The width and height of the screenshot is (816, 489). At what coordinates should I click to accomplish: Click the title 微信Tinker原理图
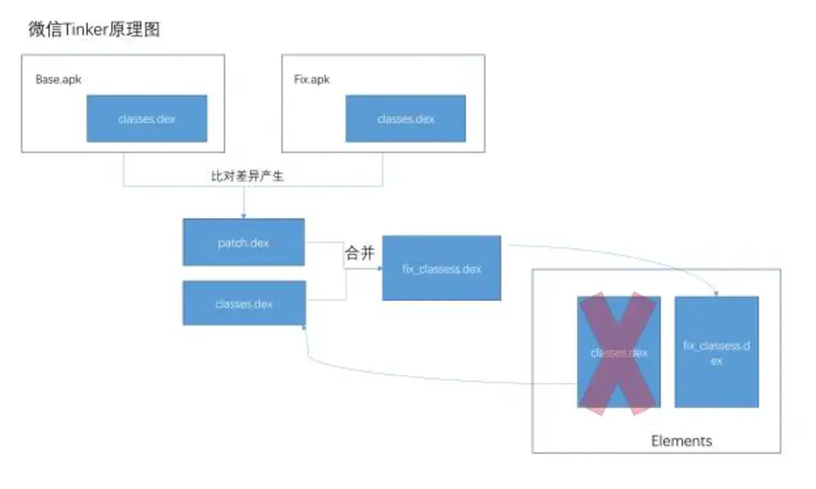[x=94, y=30]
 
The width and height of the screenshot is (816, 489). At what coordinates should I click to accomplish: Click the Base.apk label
[x=58, y=79]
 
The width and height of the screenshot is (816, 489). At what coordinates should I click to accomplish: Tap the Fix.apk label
[x=311, y=79]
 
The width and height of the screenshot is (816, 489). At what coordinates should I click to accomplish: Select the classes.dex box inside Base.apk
[x=147, y=119]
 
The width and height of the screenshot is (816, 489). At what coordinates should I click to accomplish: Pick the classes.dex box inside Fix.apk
[x=406, y=119]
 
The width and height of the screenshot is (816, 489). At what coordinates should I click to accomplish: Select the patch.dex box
[x=244, y=242]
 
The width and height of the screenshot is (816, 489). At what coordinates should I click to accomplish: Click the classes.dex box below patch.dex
[x=244, y=303]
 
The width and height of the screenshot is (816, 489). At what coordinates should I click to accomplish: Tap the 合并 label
[x=360, y=254]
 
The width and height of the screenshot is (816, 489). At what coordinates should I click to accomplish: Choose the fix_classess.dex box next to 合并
[x=441, y=268]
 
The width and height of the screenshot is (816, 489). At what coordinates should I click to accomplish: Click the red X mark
[x=618, y=353]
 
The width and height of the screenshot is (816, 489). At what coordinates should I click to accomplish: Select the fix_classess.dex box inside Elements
[x=716, y=352]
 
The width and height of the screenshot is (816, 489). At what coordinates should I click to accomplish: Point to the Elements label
[x=681, y=441]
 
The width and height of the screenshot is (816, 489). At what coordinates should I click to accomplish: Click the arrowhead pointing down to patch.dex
[x=244, y=216]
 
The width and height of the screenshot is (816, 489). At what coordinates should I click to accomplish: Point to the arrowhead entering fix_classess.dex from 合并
[x=379, y=268]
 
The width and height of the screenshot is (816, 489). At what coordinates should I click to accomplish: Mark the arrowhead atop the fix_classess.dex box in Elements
[x=716, y=293]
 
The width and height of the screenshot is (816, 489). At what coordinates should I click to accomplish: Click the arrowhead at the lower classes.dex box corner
[x=305, y=327]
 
